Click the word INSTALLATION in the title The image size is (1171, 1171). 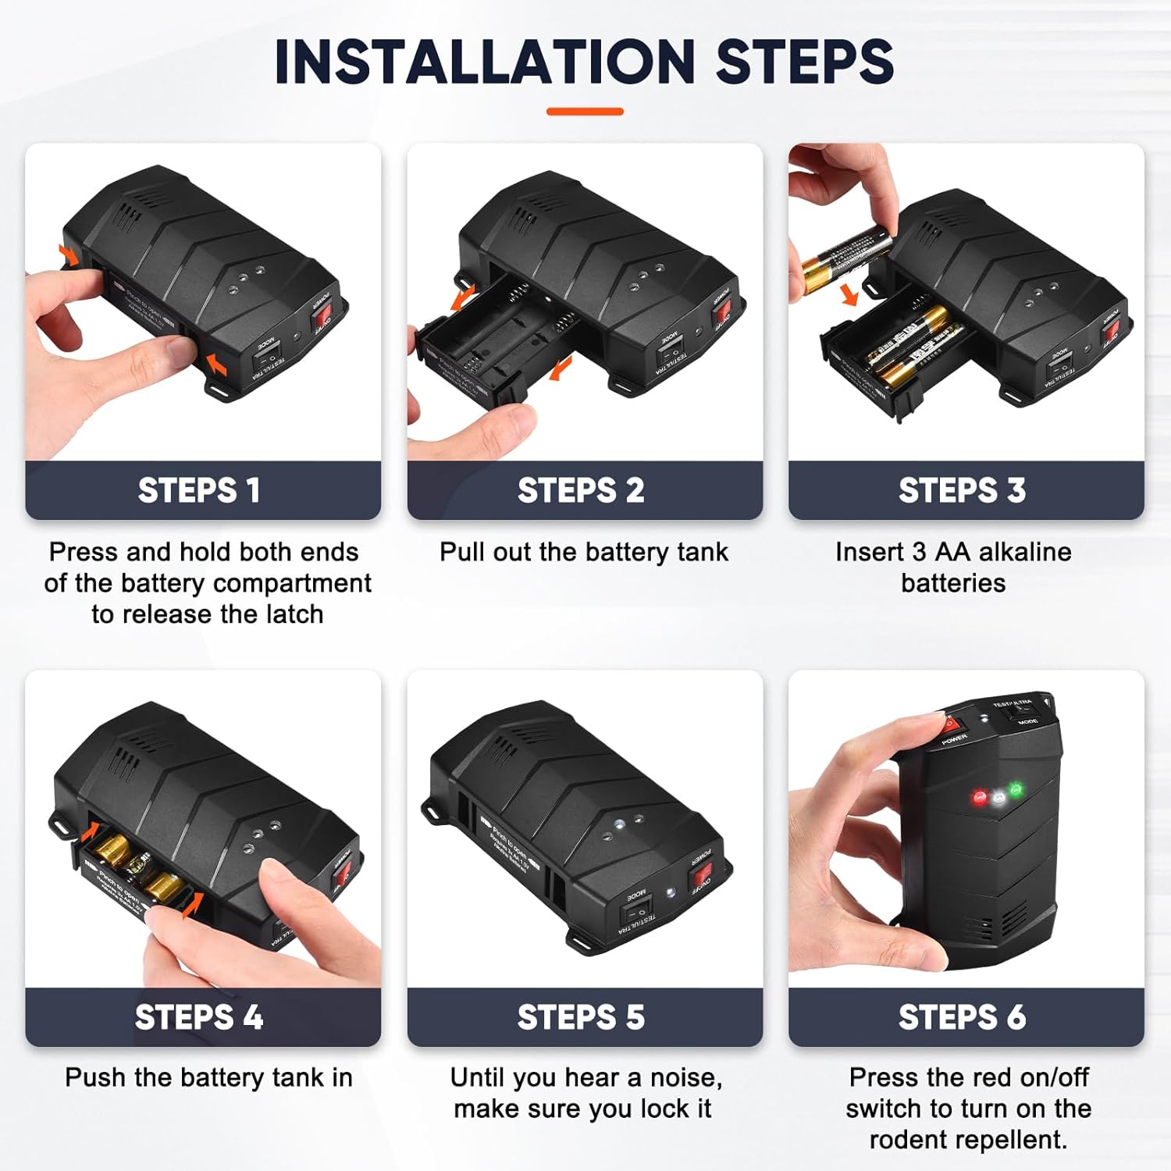coord(484,62)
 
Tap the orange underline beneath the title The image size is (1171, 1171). coord(585,112)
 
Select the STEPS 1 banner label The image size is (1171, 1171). coord(199,490)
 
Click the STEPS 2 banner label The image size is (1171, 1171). coord(581,490)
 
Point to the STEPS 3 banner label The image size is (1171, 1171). coord(962,490)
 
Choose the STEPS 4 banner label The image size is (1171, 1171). coord(199,1016)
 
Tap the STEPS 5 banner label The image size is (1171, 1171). coord(581,1016)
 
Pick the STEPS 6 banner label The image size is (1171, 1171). coord(962,1016)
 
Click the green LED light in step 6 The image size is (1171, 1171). coord(1016,790)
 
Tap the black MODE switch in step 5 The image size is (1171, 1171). coord(635,913)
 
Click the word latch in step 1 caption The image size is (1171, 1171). coord(292,614)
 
